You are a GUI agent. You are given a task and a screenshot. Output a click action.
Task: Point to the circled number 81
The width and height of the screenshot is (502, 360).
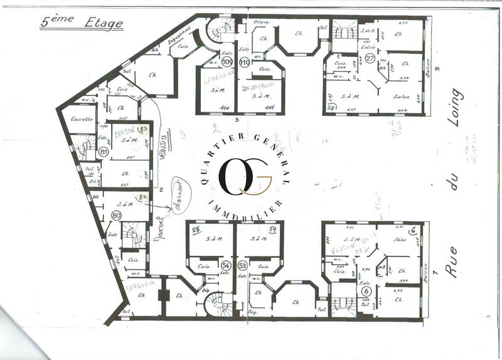coord(104,151)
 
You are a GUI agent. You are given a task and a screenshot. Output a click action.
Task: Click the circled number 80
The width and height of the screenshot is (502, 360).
coord(115,215)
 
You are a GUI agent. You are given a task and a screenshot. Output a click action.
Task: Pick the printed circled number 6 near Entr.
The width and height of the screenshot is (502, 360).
coord(366,290)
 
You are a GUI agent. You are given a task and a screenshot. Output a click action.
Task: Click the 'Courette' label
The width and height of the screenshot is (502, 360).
coord(83,119)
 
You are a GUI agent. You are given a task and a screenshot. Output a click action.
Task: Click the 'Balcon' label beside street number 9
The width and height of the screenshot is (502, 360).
coord(430,70)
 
